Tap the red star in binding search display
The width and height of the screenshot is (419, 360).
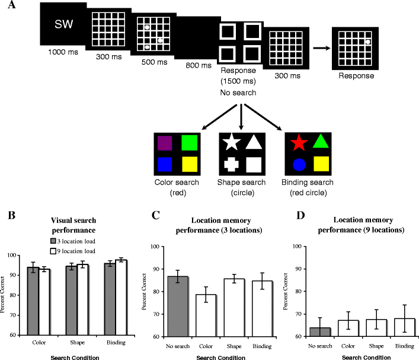299,142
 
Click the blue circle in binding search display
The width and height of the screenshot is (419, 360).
299,163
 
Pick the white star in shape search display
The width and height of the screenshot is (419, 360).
232,142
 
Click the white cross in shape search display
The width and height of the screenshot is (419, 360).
232,163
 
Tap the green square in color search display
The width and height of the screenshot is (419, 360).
185,143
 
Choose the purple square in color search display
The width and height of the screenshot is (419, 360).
164,143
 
